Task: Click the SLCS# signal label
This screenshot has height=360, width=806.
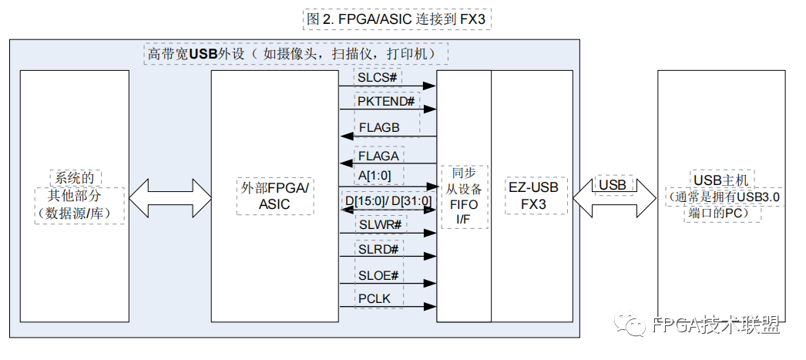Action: point(378,78)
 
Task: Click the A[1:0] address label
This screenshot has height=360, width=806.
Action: point(374,176)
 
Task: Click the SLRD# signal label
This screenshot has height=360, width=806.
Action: point(378,249)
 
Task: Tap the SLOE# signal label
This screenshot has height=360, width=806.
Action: point(378,275)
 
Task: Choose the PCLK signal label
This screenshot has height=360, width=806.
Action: point(374,298)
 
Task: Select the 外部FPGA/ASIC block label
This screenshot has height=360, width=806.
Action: point(274,196)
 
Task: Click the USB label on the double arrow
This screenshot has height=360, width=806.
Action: point(613,186)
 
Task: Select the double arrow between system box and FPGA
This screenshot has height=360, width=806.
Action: point(170,199)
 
